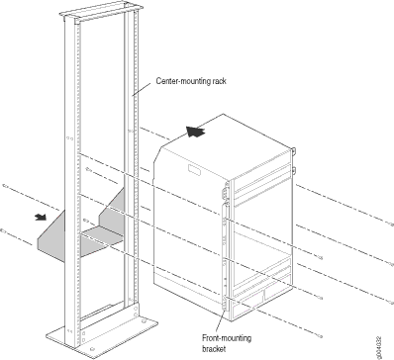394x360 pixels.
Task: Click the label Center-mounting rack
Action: tap(191, 81)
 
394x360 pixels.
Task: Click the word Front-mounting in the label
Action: tap(227, 338)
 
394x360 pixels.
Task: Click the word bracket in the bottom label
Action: tap(214, 349)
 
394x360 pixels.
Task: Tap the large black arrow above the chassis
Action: tap(196, 132)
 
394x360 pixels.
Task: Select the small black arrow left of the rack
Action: tap(42, 217)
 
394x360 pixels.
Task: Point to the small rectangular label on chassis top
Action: tap(194, 170)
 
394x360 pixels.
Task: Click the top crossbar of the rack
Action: tap(101, 12)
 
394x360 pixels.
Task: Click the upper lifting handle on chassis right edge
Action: tap(293, 151)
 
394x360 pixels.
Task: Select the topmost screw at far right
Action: tap(391, 225)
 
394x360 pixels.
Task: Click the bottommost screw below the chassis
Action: tap(320, 336)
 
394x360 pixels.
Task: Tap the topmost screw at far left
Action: tap(4, 186)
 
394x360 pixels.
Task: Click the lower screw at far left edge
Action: tap(3, 230)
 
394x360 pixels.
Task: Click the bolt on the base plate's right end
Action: tap(143, 320)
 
